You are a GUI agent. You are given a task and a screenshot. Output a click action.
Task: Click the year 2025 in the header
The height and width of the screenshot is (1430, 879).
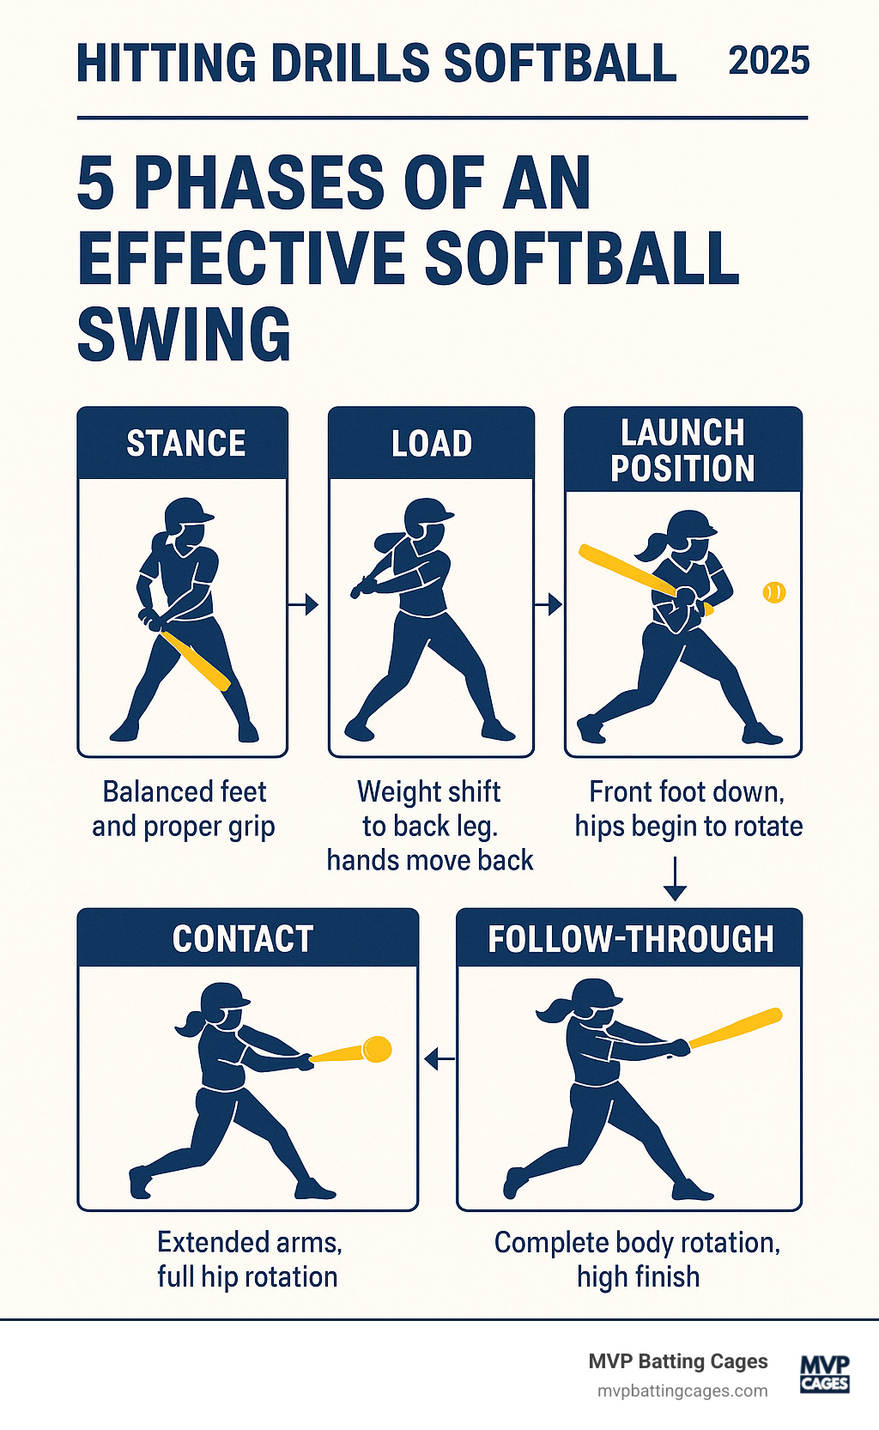pyautogui.click(x=768, y=62)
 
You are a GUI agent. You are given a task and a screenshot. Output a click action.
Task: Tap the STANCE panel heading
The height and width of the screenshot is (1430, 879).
pyautogui.click(x=186, y=444)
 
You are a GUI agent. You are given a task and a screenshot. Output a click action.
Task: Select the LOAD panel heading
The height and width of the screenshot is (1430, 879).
pyautogui.click(x=432, y=444)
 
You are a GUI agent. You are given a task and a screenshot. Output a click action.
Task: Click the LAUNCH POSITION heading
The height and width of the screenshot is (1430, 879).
pyautogui.click(x=682, y=451)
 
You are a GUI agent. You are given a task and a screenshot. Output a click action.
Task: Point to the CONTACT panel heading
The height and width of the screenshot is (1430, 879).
pyautogui.click(x=243, y=938)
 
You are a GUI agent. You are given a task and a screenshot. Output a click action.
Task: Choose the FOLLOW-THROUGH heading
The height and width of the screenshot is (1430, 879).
pyautogui.click(x=631, y=938)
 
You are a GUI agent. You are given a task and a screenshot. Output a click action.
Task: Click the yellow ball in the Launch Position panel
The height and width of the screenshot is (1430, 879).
pyautogui.click(x=774, y=592)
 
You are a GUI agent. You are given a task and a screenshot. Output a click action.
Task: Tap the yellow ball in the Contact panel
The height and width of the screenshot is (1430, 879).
pyautogui.click(x=378, y=1049)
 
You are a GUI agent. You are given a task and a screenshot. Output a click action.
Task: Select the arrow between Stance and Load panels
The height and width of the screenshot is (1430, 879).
pyautogui.click(x=303, y=605)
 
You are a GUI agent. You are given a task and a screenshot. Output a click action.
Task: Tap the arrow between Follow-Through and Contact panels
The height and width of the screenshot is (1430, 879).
pyautogui.click(x=439, y=1060)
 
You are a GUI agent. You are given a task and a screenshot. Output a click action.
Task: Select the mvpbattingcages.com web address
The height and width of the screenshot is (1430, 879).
pyautogui.click(x=682, y=1391)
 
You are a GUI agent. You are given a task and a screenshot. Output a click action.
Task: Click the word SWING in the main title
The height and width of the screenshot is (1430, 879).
pyautogui.click(x=185, y=334)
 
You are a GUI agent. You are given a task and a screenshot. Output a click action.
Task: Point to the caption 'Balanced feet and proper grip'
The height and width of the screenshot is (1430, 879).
pyautogui.click(x=184, y=809)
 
